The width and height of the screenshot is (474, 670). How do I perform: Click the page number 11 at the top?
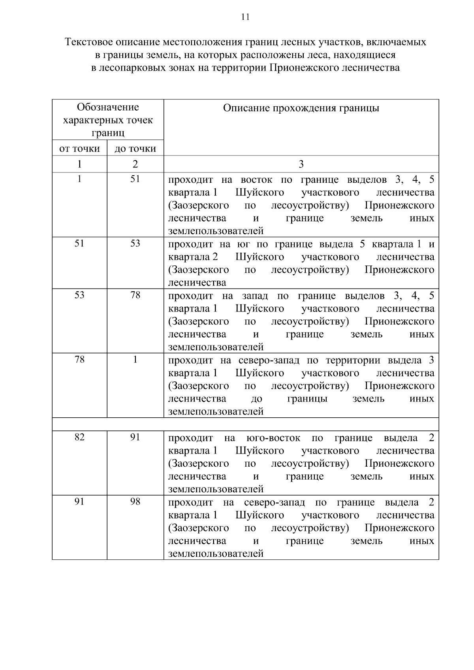245,17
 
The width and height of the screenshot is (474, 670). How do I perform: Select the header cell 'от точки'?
79,149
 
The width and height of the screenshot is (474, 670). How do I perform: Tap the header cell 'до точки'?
135,149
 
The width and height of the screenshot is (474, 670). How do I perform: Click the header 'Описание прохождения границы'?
301,108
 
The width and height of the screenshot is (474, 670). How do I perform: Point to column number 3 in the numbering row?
301,164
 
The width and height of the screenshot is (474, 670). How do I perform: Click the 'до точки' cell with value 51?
135,179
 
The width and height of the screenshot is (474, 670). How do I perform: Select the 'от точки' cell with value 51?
79,244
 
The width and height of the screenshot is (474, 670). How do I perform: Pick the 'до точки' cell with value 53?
135,244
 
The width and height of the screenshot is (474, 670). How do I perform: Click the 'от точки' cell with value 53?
79,295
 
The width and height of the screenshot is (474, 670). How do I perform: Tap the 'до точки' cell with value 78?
135,295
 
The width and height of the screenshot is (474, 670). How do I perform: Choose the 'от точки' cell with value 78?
79,360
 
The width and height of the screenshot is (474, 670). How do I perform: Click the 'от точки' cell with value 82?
79,437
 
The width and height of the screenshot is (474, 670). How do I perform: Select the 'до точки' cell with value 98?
135,502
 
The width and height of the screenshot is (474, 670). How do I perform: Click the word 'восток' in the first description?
256,180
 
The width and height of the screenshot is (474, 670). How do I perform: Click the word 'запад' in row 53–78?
255,296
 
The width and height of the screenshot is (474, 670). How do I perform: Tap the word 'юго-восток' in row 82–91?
273,438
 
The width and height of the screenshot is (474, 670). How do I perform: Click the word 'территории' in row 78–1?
353,360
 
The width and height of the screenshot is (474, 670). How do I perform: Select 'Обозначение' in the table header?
108,107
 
